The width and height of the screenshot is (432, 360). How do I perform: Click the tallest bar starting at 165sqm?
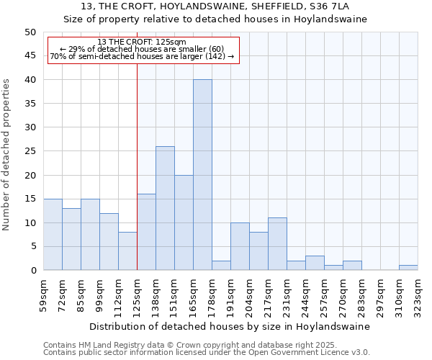(x=202, y=175)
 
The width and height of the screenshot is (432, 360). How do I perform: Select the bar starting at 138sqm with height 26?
(x=165, y=208)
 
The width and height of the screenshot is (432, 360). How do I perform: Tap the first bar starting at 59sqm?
(x=53, y=235)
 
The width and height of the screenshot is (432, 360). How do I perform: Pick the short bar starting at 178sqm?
(x=221, y=266)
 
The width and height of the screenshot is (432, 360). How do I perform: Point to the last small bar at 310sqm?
(x=408, y=268)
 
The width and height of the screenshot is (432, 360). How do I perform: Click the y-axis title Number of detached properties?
(x=7, y=155)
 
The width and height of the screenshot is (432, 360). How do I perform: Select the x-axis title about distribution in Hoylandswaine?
(x=230, y=326)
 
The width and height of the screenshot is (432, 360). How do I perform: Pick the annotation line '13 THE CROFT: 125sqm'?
(x=142, y=42)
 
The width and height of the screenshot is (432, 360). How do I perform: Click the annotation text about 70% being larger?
(x=142, y=56)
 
